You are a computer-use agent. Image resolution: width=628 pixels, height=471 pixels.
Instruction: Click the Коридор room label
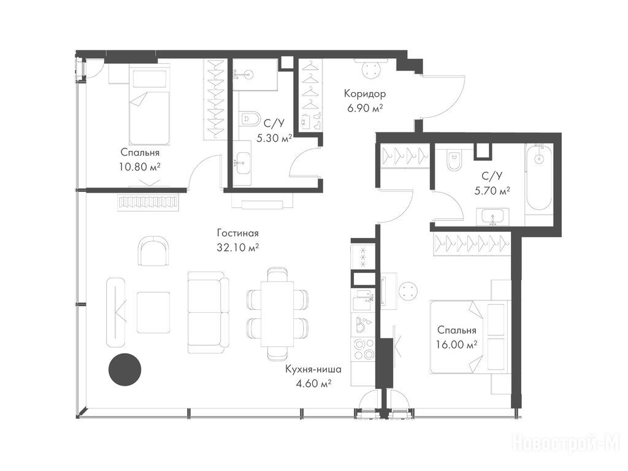pos(365,94)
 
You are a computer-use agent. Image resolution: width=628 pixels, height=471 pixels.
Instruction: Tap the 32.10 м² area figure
pos(237,248)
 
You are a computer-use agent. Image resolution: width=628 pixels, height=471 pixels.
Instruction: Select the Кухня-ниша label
pos(313,369)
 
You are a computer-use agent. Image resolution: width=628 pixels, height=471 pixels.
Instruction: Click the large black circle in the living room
pos(125,369)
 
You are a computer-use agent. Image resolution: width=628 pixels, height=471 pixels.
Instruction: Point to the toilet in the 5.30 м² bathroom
pos(249,118)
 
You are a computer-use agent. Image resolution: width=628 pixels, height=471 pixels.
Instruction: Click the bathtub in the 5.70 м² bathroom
pos(538,178)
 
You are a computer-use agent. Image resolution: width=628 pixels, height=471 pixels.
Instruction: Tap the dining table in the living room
pos(277,313)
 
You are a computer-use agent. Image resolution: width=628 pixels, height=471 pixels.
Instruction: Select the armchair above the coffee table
pos(153,251)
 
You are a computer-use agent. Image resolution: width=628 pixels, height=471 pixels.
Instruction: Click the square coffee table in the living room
pos(153,312)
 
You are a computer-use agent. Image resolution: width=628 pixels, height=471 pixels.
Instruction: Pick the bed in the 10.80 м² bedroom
pos(148,105)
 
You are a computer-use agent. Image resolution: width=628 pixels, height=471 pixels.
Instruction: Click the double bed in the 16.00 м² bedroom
pos(469,337)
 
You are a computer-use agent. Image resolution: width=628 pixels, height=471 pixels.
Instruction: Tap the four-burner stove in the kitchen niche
pos(362,349)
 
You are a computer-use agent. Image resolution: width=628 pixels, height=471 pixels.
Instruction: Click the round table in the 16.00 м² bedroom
pos(409,289)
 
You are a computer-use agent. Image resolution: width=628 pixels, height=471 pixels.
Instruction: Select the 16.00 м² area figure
pos(456,345)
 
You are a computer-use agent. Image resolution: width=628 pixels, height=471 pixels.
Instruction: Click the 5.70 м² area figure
pos(492,191)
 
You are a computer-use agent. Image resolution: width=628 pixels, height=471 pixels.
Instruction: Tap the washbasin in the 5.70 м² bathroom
pos(492,217)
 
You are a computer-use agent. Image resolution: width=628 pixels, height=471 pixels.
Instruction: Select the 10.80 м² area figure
pos(140,167)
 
